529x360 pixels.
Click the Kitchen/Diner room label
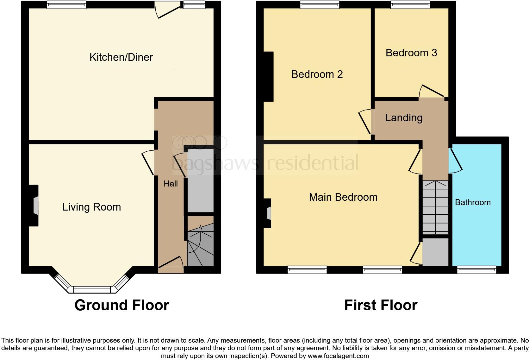coord(121,57)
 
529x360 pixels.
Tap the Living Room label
coord(91,207)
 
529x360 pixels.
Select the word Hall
coord(171,184)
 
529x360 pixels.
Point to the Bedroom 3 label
coord(411,53)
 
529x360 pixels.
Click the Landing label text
coord(404,118)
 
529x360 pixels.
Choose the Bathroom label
coord(473,202)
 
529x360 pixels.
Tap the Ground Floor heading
coord(121,305)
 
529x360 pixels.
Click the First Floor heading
coord(381,305)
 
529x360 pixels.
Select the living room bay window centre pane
coord(92,289)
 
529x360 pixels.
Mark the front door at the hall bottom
coord(171,262)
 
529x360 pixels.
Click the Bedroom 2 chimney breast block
coord(269,77)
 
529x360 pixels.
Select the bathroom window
coord(476,270)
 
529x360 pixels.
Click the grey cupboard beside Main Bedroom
coord(435,252)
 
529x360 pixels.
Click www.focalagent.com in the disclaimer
coord(338,356)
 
